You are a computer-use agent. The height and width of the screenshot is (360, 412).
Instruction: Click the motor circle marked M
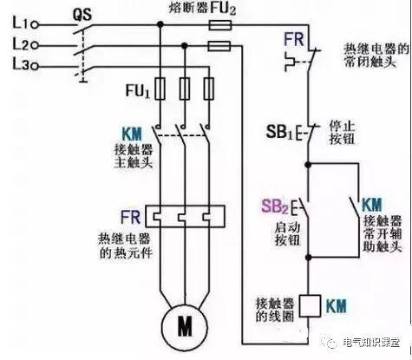(x=185, y=326)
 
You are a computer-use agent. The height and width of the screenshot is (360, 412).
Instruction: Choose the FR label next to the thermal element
(x=130, y=213)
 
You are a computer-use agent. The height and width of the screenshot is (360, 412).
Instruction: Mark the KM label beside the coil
(x=339, y=304)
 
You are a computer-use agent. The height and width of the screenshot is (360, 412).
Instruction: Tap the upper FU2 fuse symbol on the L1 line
(x=219, y=27)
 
